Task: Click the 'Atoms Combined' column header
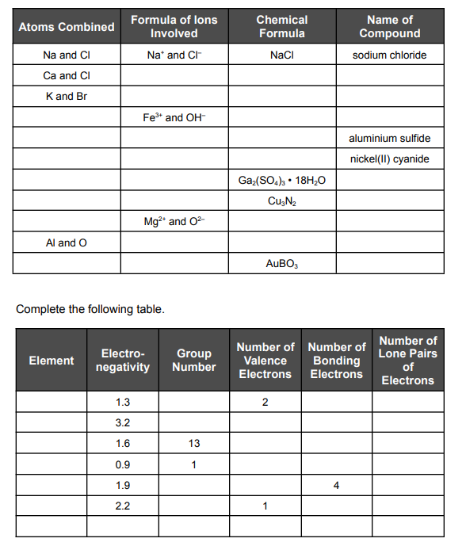tap(67, 27)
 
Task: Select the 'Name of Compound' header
tap(389, 26)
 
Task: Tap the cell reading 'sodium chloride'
tap(389, 55)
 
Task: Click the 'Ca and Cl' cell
tap(67, 76)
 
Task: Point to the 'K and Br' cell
tap(67, 97)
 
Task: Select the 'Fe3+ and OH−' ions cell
tap(174, 118)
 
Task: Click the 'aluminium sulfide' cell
tap(389, 139)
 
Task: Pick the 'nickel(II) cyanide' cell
tap(389, 159)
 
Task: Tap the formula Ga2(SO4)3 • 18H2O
tap(281, 181)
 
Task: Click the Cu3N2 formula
tap(281, 201)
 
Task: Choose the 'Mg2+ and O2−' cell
tap(174, 222)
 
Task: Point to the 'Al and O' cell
tap(67, 242)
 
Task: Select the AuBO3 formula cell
tap(281, 263)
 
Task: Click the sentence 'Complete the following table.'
tap(90, 308)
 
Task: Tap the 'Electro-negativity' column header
tap(123, 361)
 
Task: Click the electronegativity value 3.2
tap(123, 423)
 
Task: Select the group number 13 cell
tap(194, 444)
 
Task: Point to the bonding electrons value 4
tap(336, 485)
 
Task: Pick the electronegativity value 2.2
tap(123, 506)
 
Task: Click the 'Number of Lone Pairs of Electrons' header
tap(407, 361)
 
